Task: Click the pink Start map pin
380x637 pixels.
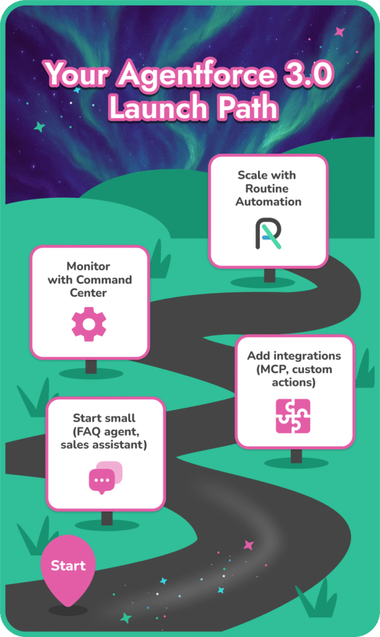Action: pyautogui.click(x=68, y=566)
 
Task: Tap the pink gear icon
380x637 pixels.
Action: pyautogui.click(x=89, y=324)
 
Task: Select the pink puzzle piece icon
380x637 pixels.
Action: pyautogui.click(x=293, y=416)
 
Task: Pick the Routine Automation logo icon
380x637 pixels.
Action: pyautogui.click(x=268, y=233)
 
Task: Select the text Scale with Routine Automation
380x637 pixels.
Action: pyautogui.click(x=268, y=188)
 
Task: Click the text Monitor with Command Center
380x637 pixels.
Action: pyautogui.click(x=90, y=279)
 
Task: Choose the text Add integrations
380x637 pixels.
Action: pyautogui.click(x=294, y=356)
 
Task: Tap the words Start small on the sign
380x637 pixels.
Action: pyautogui.click(x=104, y=417)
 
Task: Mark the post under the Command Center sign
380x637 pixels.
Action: pyautogui.click(x=91, y=366)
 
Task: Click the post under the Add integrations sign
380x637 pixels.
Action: pyautogui.click(x=296, y=455)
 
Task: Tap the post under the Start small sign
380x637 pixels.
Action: pyautogui.click(x=107, y=518)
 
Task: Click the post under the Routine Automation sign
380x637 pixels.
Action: pyautogui.click(x=269, y=275)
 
